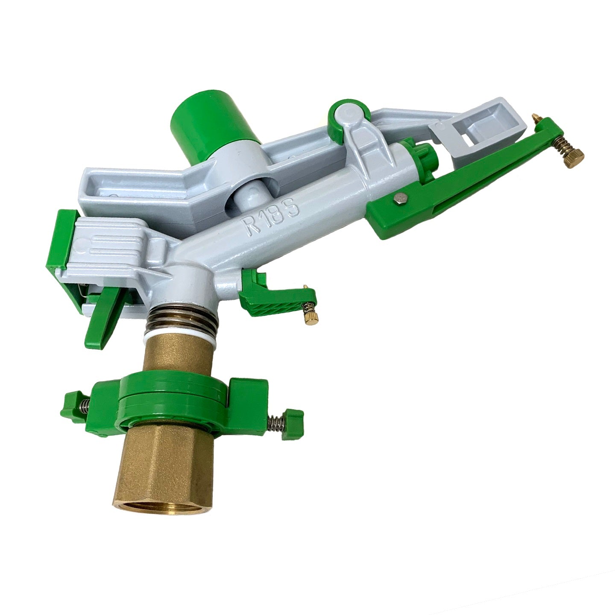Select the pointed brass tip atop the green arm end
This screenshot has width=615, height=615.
coord(536,120)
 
